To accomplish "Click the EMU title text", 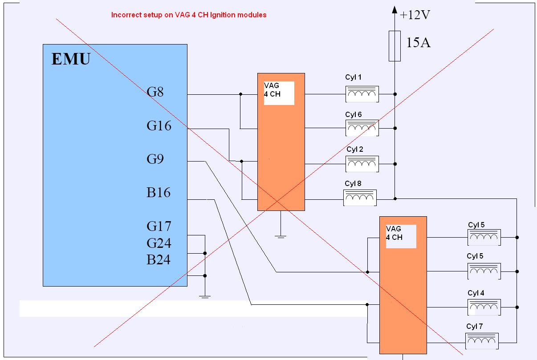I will click(71, 59).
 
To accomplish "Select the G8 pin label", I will click(155, 92).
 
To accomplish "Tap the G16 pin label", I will click(159, 126).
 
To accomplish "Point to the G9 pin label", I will click(155, 159).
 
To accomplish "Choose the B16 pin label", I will click(159, 192).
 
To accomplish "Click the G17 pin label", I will click(159, 227).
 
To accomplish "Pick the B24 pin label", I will click(159, 259).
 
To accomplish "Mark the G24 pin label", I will click(159, 243).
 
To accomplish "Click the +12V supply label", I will click(415, 15).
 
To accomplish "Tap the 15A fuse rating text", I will click(418, 43).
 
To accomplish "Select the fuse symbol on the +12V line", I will click(395, 46).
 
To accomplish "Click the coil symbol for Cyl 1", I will click(362, 94).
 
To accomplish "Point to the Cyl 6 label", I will click(354, 115).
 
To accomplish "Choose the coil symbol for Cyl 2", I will click(362, 164).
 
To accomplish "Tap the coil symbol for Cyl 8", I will click(360, 198).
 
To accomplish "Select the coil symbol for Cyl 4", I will click(484, 307).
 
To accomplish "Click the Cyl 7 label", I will click(475, 327).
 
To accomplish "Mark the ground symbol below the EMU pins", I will click(204, 296).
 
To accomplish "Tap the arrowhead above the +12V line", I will click(395, 9).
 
